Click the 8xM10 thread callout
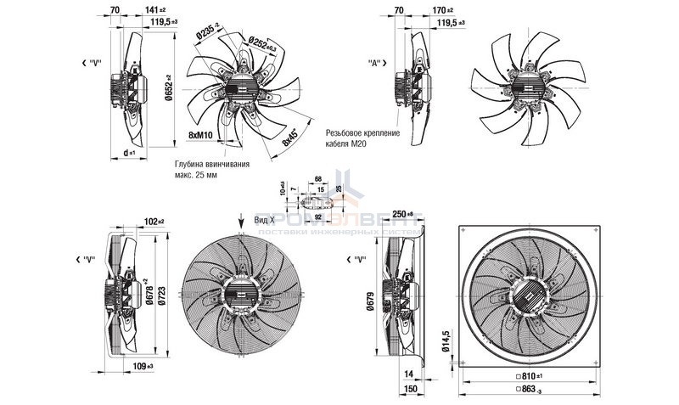pyautogui.click(x=199, y=134)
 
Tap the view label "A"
pyautogui.click(x=373, y=63)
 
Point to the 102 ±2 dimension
pyautogui.click(x=154, y=222)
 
